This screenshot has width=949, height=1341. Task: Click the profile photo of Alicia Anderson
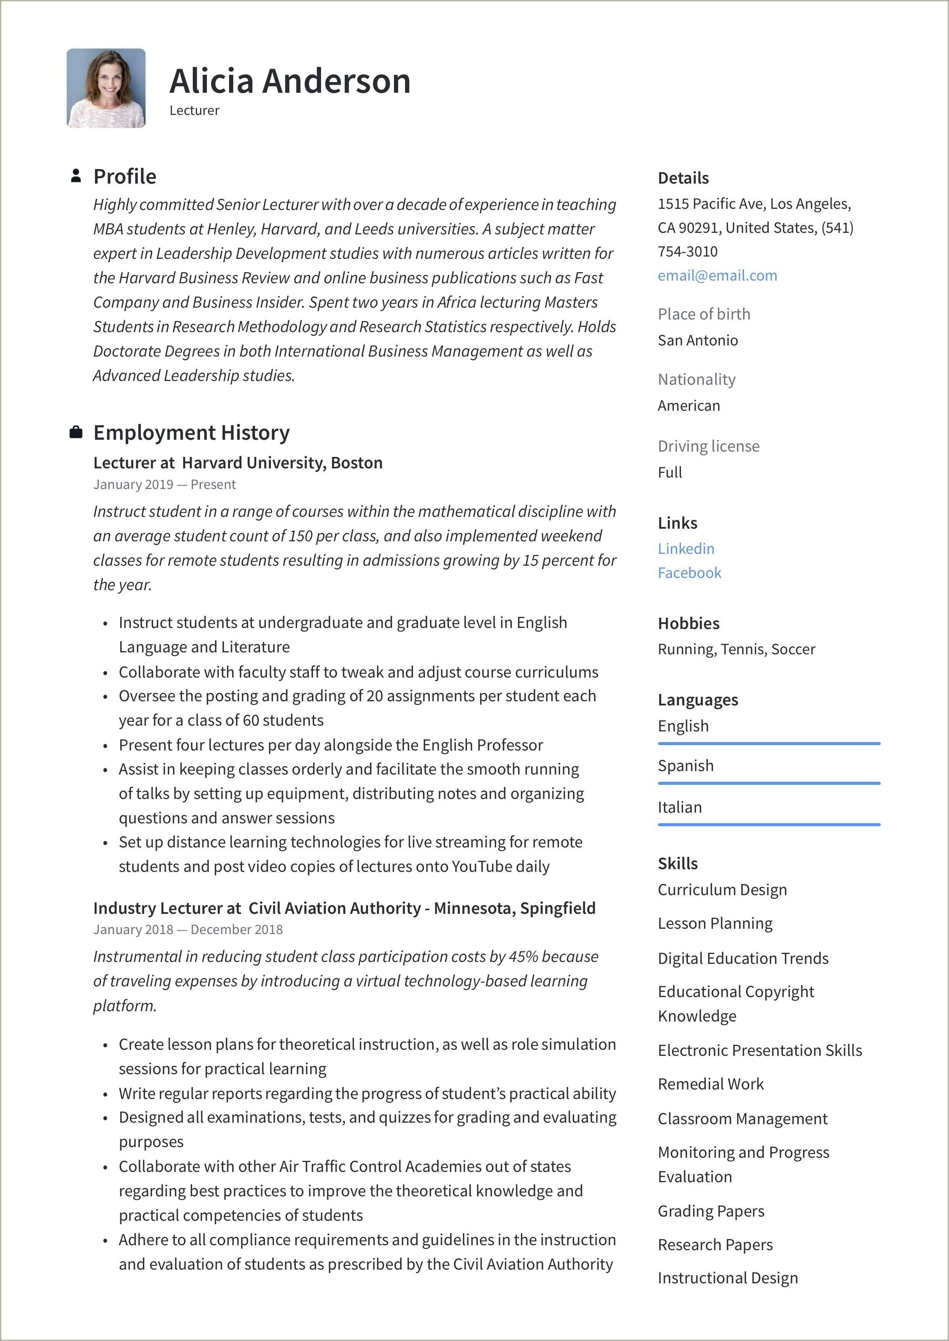click(x=106, y=88)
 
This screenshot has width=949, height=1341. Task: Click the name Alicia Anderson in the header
click(x=290, y=81)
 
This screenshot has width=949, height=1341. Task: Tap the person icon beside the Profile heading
click(x=75, y=176)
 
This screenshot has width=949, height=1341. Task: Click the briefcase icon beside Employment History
click(x=75, y=432)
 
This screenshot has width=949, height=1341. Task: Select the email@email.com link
click(x=717, y=275)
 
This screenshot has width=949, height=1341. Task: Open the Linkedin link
click(x=686, y=549)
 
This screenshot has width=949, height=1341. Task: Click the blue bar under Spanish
click(x=768, y=783)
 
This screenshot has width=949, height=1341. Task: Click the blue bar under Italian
click(x=768, y=825)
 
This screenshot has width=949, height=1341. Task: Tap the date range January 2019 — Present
click(x=164, y=484)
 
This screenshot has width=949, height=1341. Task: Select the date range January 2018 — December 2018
click(x=187, y=930)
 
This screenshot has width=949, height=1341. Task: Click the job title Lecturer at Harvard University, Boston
click(x=238, y=463)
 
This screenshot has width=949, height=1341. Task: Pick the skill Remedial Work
click(x=710, y=1084)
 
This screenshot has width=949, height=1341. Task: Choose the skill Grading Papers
click(x=710, y=1211)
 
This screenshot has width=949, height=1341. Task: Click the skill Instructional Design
click(x=728, y=1278)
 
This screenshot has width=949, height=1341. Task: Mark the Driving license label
click(x=708, y=446)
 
